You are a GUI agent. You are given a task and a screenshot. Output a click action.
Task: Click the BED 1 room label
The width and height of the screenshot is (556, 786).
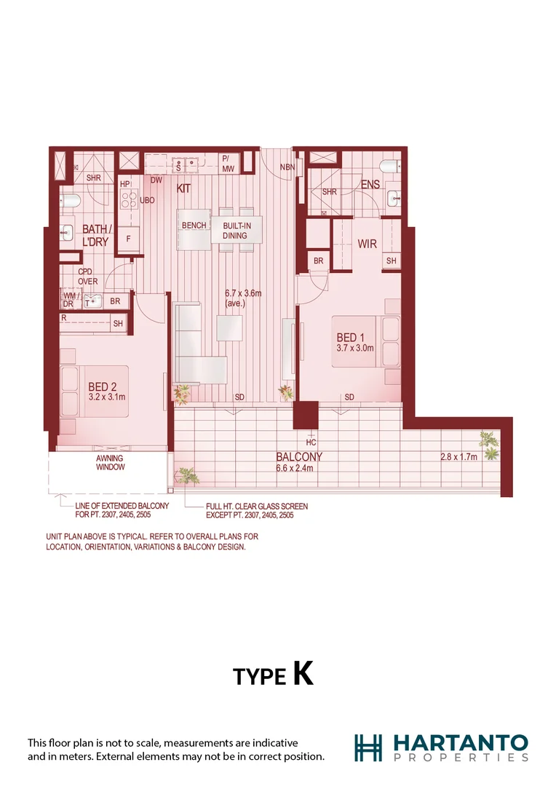coord(347,338)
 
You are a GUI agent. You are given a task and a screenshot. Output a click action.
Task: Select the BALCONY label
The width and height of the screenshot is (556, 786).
coord(298,457)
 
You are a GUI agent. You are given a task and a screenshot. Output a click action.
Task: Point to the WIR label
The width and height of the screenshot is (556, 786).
coord(368,244)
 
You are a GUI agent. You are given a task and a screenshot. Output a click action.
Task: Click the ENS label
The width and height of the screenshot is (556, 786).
coord(370,185)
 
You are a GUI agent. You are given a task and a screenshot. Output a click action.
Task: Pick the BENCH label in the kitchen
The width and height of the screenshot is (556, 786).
coord(194,226)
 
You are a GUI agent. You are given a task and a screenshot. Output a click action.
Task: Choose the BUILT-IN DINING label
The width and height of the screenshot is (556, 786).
coord(235,231)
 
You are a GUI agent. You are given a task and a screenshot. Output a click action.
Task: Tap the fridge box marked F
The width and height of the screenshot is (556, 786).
coord(128,239)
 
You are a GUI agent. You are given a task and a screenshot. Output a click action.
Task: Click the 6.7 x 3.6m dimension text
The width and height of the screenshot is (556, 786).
coord(243,294)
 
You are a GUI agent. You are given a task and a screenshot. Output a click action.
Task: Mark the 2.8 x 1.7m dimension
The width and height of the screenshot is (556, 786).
coord(458,457)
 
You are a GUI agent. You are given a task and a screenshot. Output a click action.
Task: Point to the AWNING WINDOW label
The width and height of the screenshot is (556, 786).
coord(111,463)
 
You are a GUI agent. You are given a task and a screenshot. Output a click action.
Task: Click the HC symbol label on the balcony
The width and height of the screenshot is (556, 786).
coord(311,442)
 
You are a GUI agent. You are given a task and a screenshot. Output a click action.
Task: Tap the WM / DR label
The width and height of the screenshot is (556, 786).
coord(71,300)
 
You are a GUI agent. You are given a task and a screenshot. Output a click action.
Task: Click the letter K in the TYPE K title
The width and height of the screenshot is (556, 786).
coord(303,673)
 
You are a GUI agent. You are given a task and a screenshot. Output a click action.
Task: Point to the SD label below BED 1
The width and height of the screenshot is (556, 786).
coord(349,397)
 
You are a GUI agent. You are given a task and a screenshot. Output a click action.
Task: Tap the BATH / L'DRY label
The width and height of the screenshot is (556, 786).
coord(95,234)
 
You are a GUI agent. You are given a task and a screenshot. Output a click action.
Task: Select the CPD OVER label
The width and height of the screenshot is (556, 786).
coord(88,276)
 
